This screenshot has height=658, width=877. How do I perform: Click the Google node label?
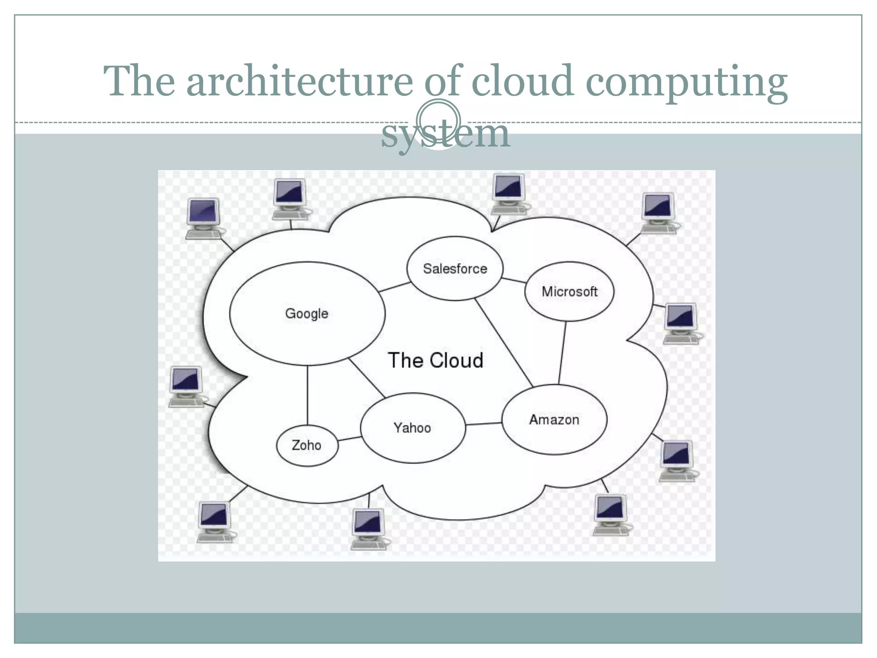click(307, 314)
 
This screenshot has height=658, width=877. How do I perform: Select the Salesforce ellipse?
click(455, 269)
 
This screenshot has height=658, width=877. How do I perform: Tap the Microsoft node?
click(569, 292)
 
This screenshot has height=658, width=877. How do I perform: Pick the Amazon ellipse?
click(554, 419)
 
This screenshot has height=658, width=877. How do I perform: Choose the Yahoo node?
click(412, 428)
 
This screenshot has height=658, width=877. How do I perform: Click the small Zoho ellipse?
click(307, 446)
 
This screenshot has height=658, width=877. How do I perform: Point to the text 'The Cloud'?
click(436, 360)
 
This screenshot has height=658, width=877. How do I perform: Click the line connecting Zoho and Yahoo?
click(349, 439)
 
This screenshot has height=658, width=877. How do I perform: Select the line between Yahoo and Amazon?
click(483, 424)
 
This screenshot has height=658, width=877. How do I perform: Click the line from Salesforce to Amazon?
click(504, 343)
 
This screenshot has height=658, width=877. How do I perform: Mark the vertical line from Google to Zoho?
click(307, 395)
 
